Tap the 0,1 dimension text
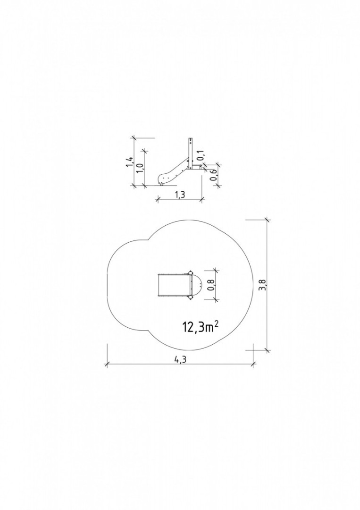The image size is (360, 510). coord(200,155)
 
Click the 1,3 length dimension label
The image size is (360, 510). coord(180,195)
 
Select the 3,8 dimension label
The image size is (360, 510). coord(263,285)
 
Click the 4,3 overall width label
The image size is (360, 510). coord(180,359)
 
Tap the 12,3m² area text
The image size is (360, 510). coord(200,327)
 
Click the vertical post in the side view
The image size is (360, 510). coord(191,153)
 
